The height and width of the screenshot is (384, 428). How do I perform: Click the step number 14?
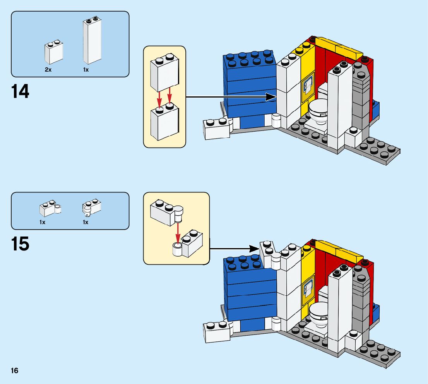20,92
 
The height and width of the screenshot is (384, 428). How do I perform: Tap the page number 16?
15,371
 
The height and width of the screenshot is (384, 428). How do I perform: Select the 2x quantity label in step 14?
48,70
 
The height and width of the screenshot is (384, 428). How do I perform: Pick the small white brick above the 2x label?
54,52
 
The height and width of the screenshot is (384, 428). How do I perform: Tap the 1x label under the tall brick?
86,70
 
